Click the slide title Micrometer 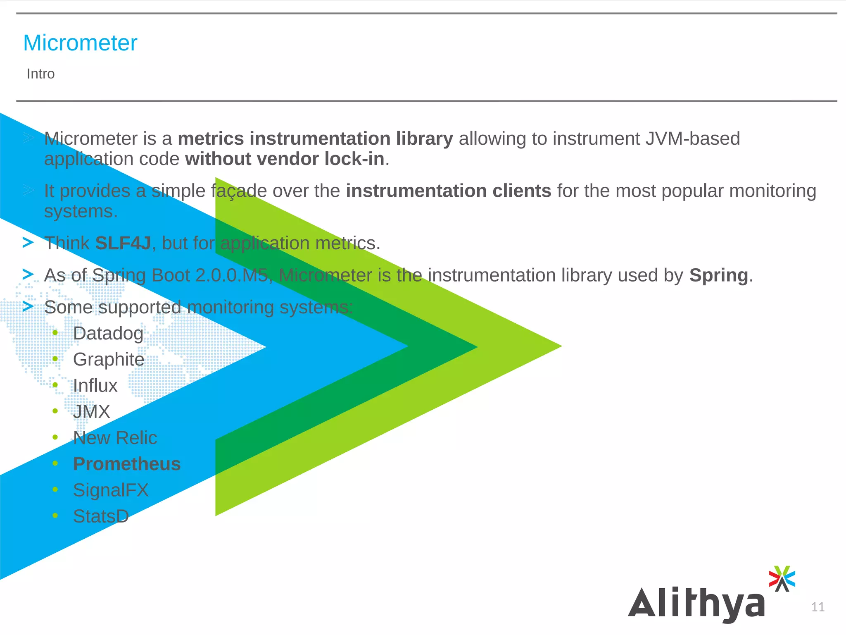pyautogui.click(x=80, y=43)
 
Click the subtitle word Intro pyautogui.click(x=40, y=74)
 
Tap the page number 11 pyautogui.click(x=817, y=607)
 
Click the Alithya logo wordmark pyautogui.click(x=696, y=604)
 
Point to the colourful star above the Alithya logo pyautogui.click(x=782, y=578)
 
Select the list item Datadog pyautogui.click(x=108, y=334)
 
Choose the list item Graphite pyautogui.click(x=109, y=360)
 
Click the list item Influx pyautogui.click(x=95, y=386)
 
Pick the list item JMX pyautogui.click(x=92, y=412)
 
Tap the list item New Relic pyautogui.click(x=115, y=438)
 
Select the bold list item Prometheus pyautogui.click(x=127, y=464)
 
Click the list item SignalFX pyautogui.click(x=111, y=490)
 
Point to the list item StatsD pyautogui.click(x=101, y=516)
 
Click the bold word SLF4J pyautogui.click(x=123, y=243)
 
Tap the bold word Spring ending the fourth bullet pyautogui.click(x=718, y=275)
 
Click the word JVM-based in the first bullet pyautogui.click(x=693, y=139)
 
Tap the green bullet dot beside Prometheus pyautogui.click(x=55, y=463)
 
